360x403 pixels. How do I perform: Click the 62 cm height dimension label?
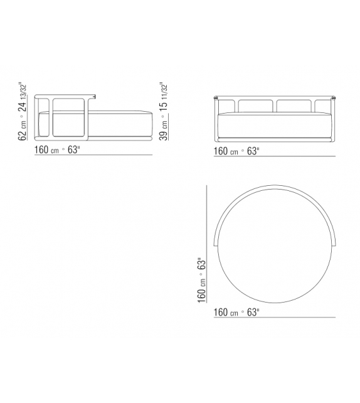click(24, 129)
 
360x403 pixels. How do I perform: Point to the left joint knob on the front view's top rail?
click(216, 97)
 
